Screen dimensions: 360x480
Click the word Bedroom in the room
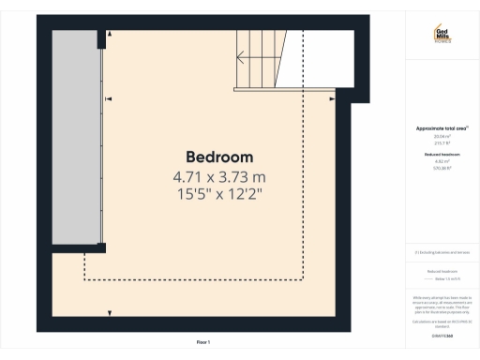220,156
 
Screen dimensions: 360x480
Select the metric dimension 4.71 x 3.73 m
219,175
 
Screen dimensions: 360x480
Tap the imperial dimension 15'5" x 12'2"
219,194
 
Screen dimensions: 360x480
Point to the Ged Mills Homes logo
442,35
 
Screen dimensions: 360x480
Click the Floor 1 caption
202,341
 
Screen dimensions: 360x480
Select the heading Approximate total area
441,127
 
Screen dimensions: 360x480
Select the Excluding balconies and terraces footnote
441,253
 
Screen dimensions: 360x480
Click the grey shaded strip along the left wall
76,136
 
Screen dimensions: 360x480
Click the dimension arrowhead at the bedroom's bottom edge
111,312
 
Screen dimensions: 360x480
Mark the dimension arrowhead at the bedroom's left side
109,97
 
